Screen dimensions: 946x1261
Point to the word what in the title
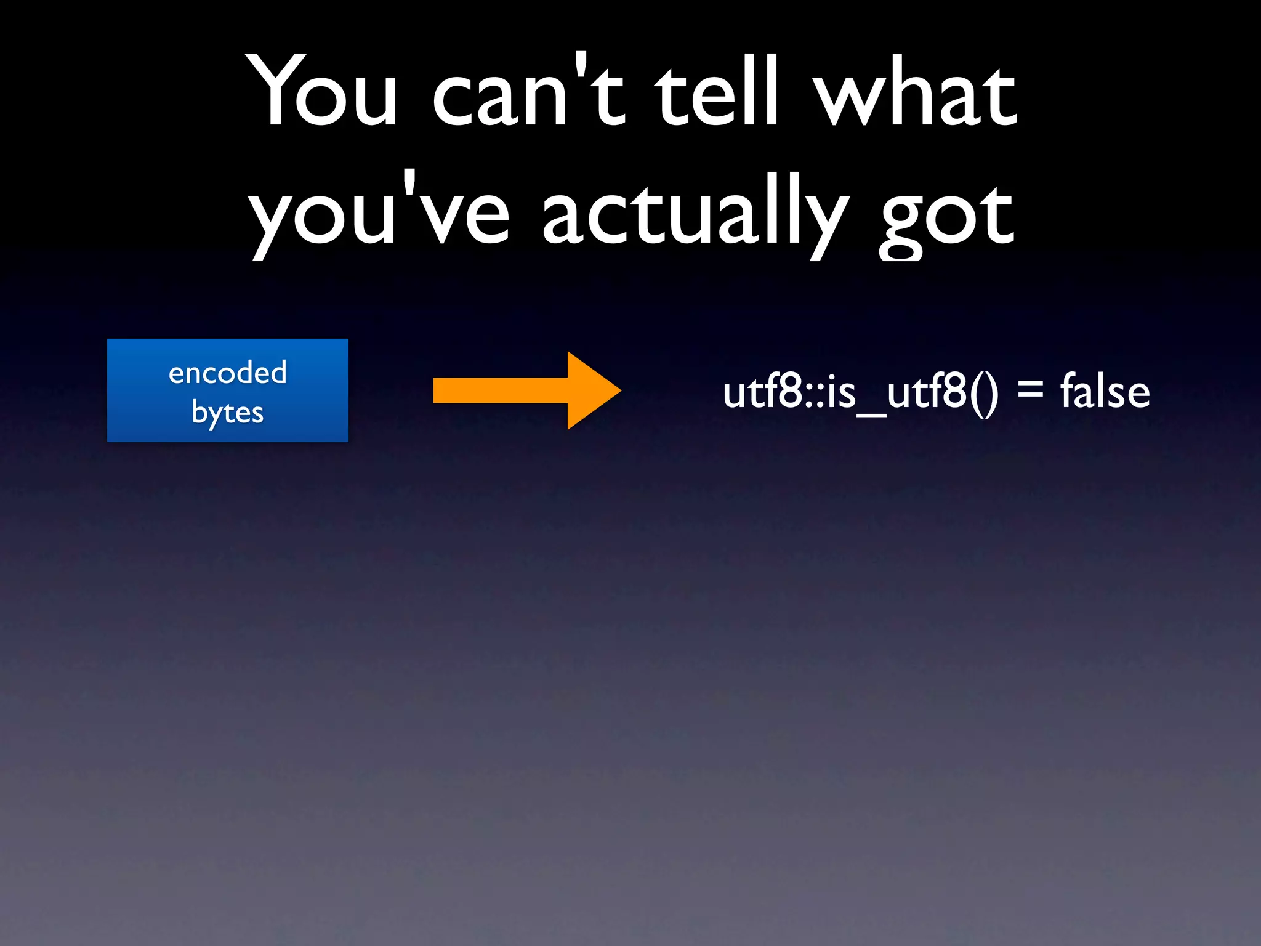(x=915, y=92)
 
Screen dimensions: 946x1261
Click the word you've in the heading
(x=379, y=216)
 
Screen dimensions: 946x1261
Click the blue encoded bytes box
(x=228, y=390)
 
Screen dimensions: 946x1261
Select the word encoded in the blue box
(x=228, y=373)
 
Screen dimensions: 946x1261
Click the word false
(x=1105, y=392)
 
